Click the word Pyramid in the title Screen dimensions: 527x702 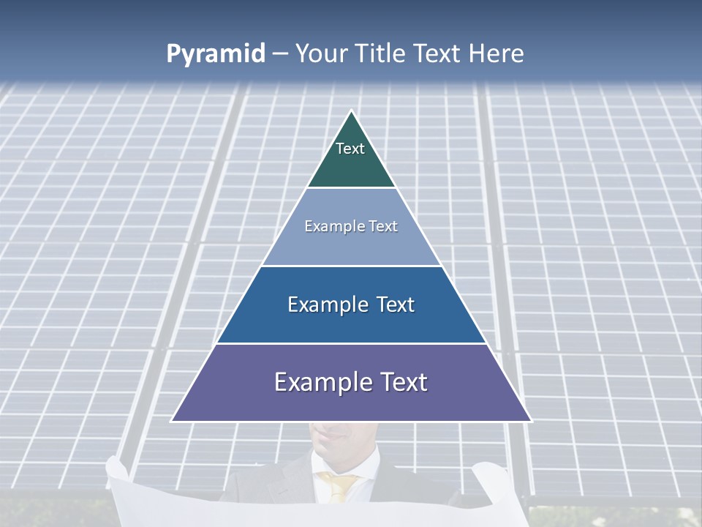click(216, 54)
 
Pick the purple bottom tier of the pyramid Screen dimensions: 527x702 click(351, 403)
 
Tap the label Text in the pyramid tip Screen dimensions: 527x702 click(350, 149)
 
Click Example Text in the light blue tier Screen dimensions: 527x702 click(351, 226)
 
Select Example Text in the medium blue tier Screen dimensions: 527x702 click(351, 304)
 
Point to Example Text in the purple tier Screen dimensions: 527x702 click(351, 382)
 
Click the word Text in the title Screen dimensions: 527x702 click(439, 54)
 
